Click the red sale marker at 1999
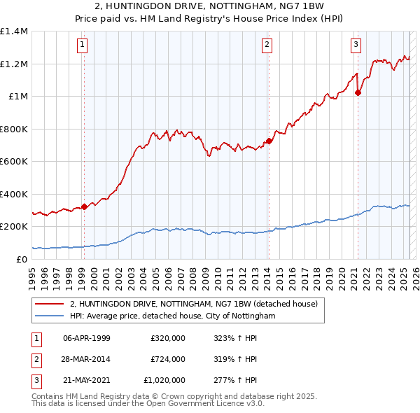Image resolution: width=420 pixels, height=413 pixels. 85,206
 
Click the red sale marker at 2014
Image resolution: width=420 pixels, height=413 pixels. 269,141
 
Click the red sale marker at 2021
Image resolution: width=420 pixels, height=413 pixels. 358,92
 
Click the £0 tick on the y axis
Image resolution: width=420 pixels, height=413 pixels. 22,259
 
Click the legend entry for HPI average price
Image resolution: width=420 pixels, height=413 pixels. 173,316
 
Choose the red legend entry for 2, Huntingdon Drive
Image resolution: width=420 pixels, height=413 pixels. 194,304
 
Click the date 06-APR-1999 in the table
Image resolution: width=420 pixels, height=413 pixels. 87,337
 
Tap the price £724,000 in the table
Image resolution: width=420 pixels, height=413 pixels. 168,359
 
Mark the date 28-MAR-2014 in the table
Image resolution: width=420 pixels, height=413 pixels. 87,359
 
